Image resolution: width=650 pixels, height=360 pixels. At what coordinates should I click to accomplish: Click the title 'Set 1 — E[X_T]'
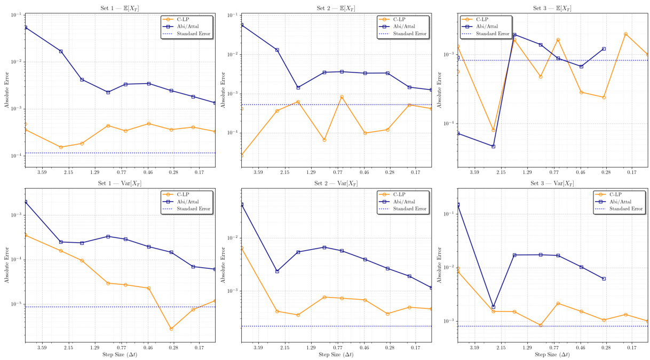click(120, 8)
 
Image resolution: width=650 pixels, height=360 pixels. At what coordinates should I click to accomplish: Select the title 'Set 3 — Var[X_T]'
click(552, 183)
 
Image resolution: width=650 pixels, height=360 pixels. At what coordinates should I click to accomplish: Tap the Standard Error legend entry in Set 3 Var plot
click(622, 209)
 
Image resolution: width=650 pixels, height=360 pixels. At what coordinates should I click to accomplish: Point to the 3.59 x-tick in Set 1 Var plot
click(42, 348)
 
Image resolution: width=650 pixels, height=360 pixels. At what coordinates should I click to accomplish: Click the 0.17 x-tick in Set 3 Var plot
click(632, 348)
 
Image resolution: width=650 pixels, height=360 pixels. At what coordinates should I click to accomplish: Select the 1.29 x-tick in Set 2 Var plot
click(311, 348)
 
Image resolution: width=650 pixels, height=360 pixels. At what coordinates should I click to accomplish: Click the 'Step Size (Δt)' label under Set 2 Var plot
click(336, 355)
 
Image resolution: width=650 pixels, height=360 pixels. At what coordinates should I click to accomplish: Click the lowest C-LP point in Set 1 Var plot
click(171, 329)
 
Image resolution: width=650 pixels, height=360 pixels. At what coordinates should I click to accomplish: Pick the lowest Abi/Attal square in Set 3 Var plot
click(493, 307)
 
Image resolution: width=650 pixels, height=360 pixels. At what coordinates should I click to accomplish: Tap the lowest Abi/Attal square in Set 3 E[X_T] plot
click(493, 146)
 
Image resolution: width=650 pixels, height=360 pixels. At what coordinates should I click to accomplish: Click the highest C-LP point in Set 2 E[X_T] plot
click(342, 97)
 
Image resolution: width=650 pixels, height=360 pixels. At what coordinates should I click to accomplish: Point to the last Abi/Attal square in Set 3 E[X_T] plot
click(604, 49)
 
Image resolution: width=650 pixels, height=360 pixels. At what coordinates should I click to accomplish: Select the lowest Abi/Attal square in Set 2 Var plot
click(432, 287)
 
